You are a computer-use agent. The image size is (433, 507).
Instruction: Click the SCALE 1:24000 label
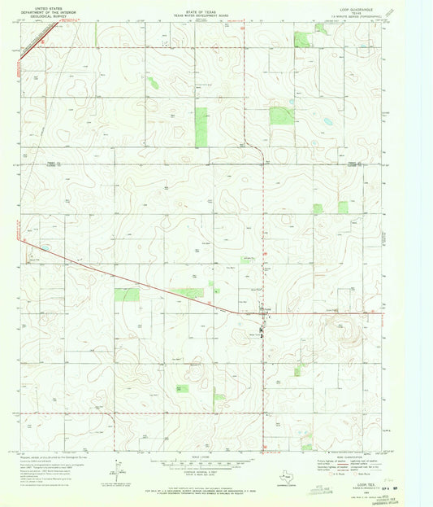(x=200, y=456)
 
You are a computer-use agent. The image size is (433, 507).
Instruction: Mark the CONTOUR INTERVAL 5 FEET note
(x=200, y=474)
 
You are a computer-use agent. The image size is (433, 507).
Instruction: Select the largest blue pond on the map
(x=326, y=121)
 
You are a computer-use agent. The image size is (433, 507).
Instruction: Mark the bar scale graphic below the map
(x=200, y=463)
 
